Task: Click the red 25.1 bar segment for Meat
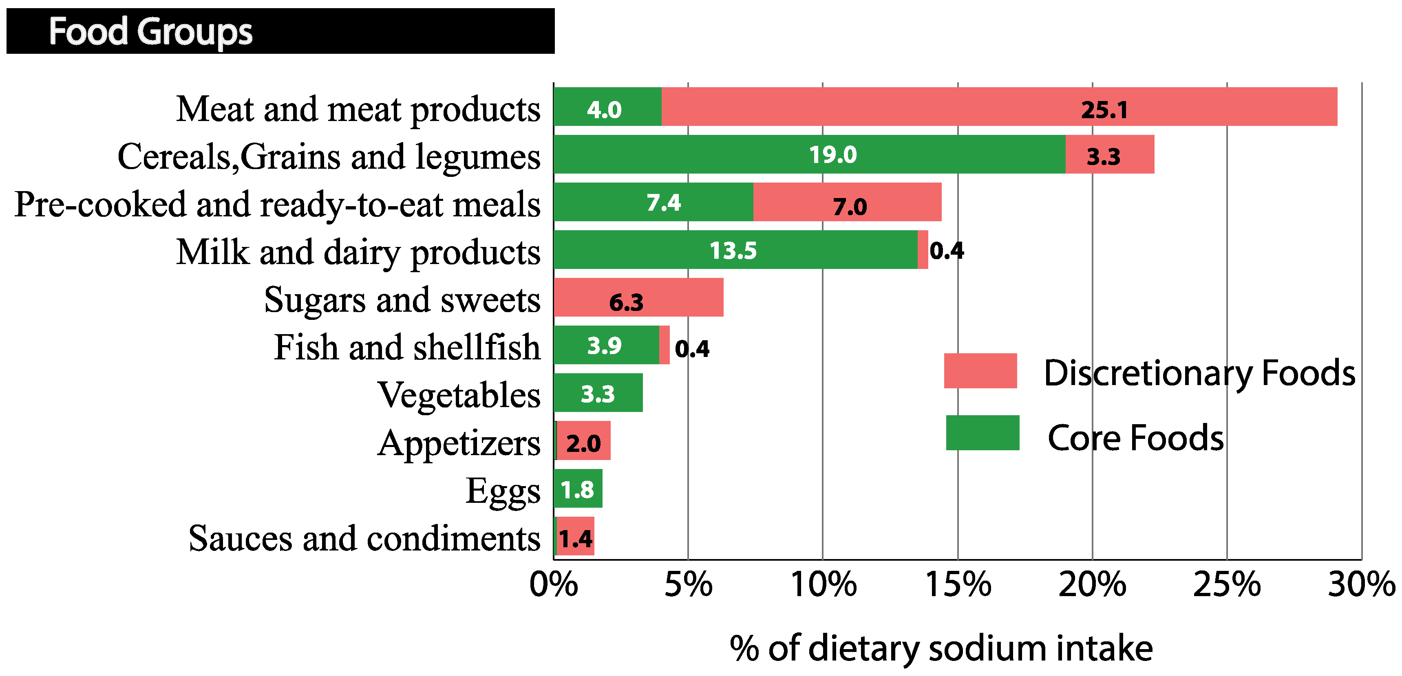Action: point(999,107)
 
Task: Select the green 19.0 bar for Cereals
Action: point(809,154)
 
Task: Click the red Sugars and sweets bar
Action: point(638,297)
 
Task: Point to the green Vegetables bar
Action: point(598,393)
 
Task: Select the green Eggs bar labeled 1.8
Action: point(577,489)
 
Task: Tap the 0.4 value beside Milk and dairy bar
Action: point(947,251)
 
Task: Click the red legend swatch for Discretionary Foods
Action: point(980,371)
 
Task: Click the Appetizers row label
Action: point(459,442)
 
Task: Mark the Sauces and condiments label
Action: point(364,538)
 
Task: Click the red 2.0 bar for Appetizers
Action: point(583,441)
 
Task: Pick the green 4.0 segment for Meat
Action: point(607,107)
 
